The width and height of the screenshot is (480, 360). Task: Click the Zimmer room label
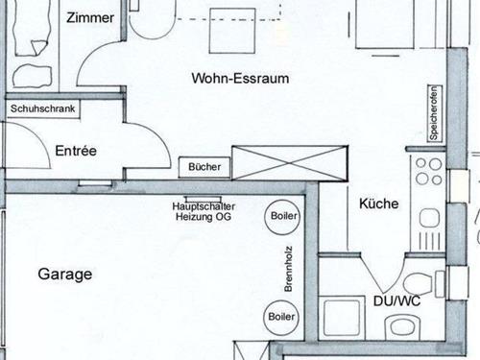click(x=91, y=17)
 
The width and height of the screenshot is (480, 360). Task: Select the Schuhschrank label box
click(x=42, y=109)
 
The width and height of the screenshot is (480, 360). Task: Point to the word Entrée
click(x=76, y=151)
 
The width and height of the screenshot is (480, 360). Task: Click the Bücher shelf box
click(x=204, y=167)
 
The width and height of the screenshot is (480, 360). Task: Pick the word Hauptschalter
click(x=204, y=206)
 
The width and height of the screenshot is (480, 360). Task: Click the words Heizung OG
click(x=204, y=218)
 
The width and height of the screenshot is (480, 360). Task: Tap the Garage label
click(x=65, y=274)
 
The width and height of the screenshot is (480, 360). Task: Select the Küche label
click(x=379, y=204)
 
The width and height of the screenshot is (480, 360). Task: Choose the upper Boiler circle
click(x=281, y=216)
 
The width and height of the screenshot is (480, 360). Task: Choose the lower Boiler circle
click(x=281, y=316)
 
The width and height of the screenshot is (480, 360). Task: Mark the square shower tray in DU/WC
click(x=340, y=318)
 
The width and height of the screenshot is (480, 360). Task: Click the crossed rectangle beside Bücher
click(x=289, y=160)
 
